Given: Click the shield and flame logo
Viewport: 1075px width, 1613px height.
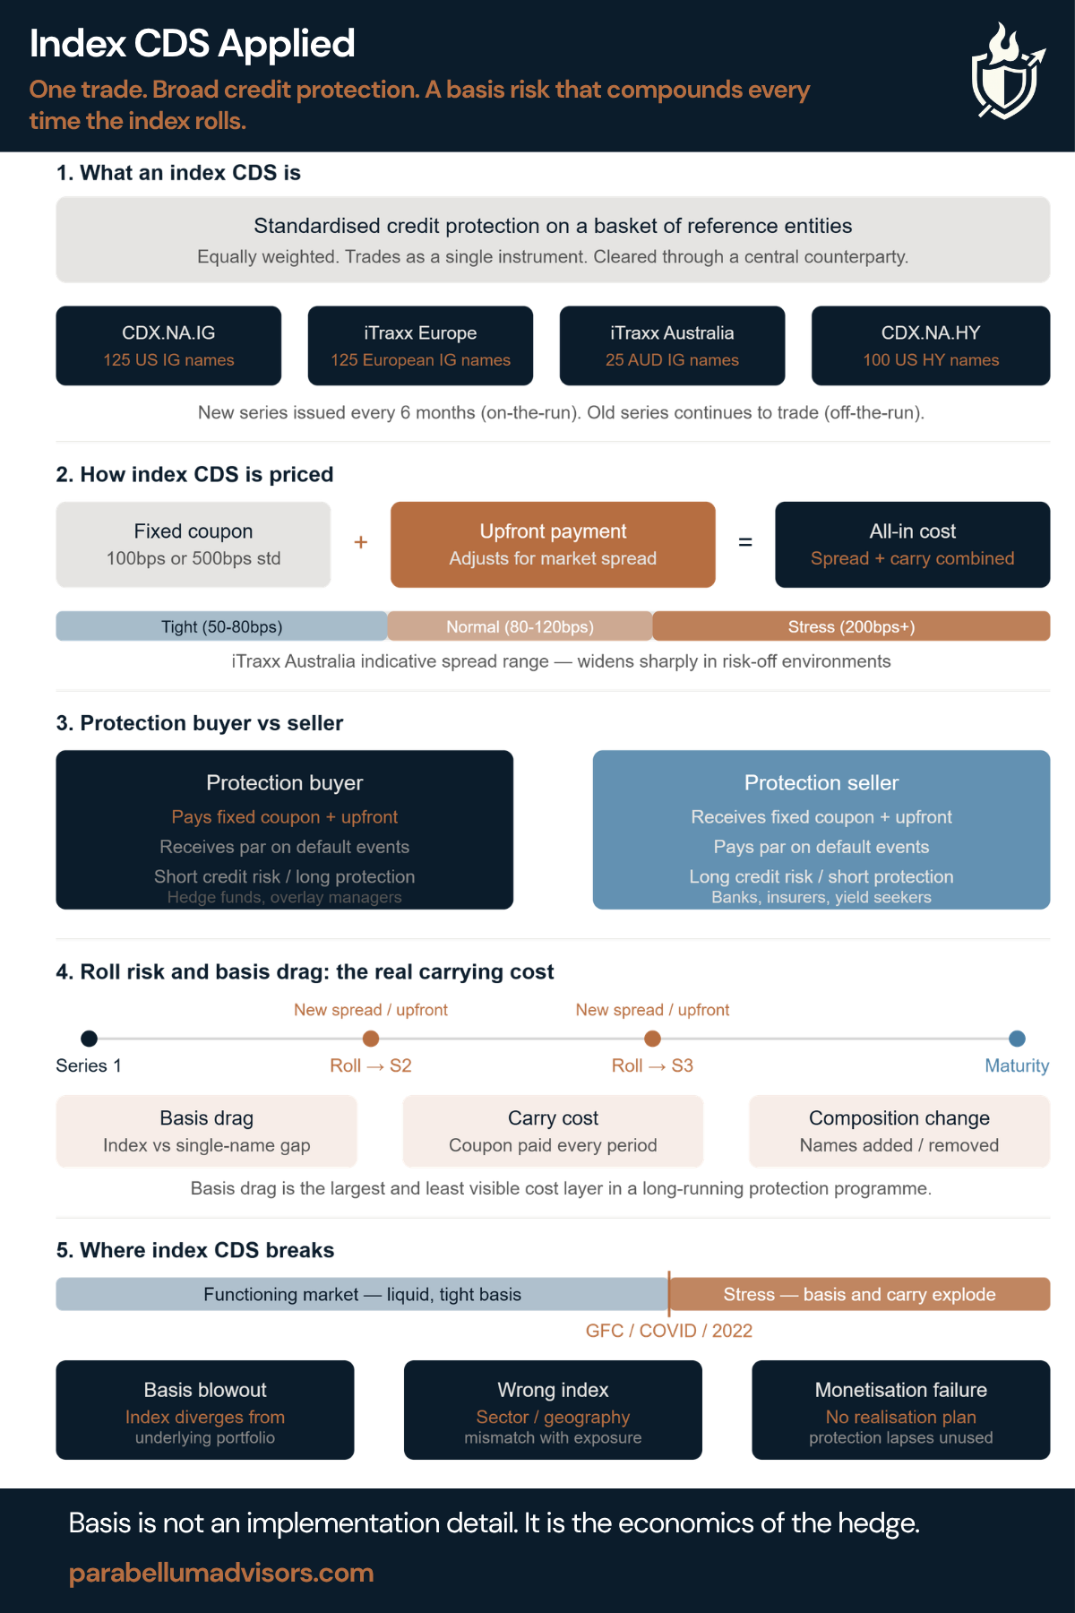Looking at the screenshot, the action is pyautogui.click(x=1007, y=72).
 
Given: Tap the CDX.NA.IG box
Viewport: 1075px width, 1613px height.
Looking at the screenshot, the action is pyautogui.click(x=168, y=346).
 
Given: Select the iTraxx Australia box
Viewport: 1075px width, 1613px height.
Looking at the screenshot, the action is pyautogui.click(x=672, y=346).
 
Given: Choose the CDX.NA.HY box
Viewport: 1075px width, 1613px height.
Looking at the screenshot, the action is pyautogui.click(x=931, y=346).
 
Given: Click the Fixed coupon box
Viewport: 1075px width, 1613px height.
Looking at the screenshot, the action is pyautogui.click(x=193, y=545).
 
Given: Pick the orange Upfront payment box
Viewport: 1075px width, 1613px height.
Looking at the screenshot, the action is pyautogui.click(x=553, y=545).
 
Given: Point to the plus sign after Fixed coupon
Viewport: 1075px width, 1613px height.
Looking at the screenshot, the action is pyautogui.click(x=361, y=542).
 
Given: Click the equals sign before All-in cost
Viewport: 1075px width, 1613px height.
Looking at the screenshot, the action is pyautogui.click(x=745, y=542).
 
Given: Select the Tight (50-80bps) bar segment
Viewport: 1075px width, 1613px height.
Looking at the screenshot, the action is pyautogui.click(x=222, y=626).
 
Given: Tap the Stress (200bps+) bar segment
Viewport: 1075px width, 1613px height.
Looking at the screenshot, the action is pyautogui.click(x=851, y=626).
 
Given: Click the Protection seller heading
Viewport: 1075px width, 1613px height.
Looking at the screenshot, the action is pyautogui.click(x=821, y=782).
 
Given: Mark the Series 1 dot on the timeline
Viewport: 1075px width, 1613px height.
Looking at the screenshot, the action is pyautogui.click(x=89, y=1039).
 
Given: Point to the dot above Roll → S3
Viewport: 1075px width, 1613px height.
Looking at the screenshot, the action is pyautogui.click(x=652, y=1039).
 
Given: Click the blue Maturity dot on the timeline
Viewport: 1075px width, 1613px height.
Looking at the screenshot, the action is pyautogui.click(x=1017, y=1039).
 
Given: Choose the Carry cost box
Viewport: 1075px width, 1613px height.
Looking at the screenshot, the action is pyautogui.click(x=553, y=1131).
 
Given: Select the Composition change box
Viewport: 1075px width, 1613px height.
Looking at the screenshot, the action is pyautogui.click(x=899, y=1131).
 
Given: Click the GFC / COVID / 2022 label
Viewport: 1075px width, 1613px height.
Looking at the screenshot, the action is pyautogui.click(x=669, y=1331).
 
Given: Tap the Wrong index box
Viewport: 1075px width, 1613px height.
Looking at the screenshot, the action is pyautogui.click(x=553, y=1410).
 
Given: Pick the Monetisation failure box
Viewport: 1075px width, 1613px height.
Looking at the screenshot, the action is pyautogui.click(x=901, y=1410).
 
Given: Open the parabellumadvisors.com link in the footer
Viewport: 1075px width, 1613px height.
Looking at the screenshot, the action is pyautogui.click(x=221, y=1573).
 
